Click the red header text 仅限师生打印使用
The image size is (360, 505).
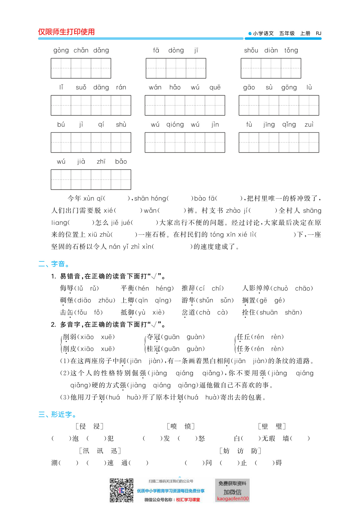click(66, 32)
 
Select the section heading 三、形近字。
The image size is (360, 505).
click(57, 414)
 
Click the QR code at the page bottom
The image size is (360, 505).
click(121, 490)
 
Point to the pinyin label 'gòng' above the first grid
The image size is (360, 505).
click(61, 50)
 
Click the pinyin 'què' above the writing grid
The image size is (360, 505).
click(215, 87)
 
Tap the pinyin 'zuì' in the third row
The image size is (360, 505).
click(309, 125)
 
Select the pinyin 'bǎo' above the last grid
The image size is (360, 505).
click(121, 162)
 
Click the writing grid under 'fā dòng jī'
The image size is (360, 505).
click(176, 68)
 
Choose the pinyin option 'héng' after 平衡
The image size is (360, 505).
click(165, 288)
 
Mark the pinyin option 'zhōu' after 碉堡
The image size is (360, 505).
click(107, 300)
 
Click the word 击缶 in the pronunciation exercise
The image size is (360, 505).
click(67, 312)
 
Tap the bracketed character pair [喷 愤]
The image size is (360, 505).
click(181, 426)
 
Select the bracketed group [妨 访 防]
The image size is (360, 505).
click(240, 451)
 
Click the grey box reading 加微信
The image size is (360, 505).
click(232, 492)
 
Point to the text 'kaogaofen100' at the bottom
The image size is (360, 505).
click(233, 499)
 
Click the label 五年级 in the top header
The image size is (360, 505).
click(287, 33)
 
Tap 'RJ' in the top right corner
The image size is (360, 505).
click(319, 33)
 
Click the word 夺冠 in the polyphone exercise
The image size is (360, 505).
click(154, 337)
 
